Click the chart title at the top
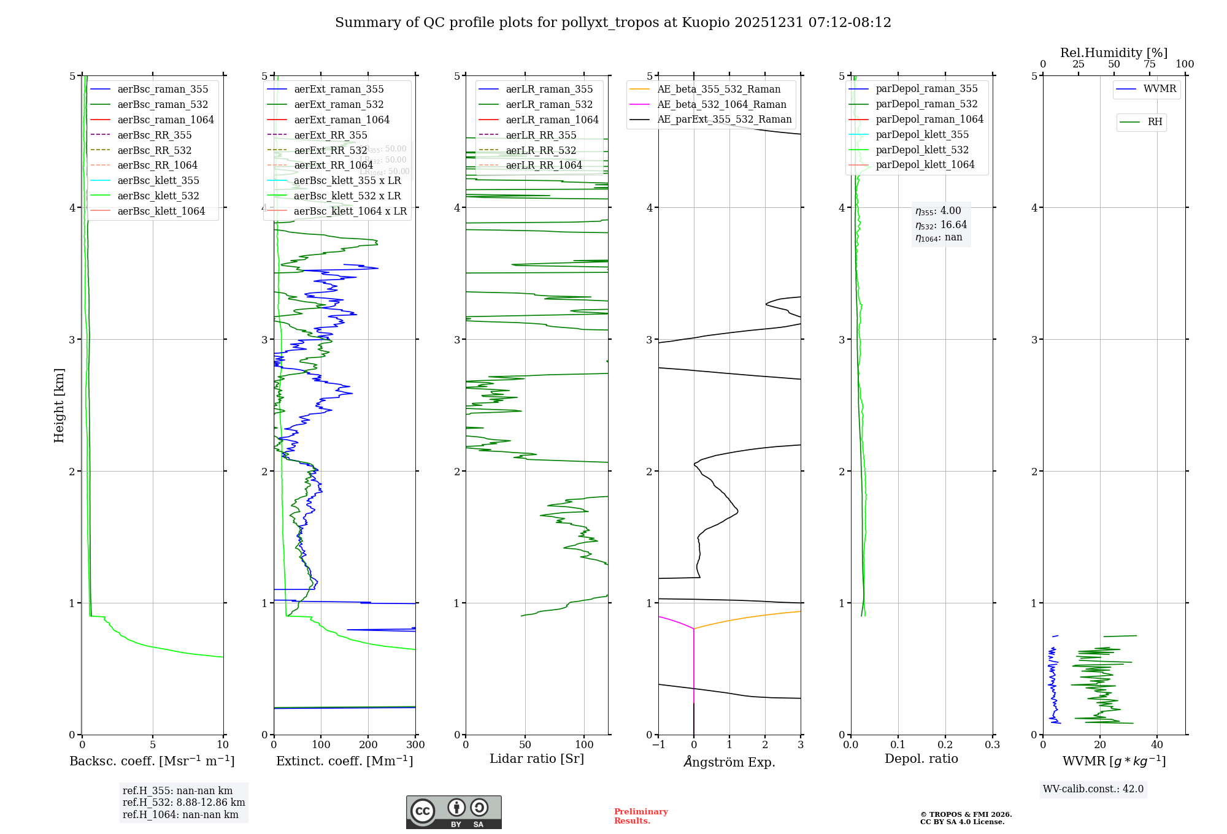pos(613,23)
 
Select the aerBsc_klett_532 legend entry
pos(158,196)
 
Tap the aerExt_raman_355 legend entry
pos(339,90)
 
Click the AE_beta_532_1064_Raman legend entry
pos(721,104)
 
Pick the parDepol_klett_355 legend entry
pos(922,134)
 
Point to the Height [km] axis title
pos(59,405)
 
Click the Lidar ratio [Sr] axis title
pos(537,759)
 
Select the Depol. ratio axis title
pos(921,759)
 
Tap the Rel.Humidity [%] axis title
pos(1114,53)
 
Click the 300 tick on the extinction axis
pos(416,745)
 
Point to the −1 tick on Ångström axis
pos(658,745)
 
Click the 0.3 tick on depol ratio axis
pos(992,745)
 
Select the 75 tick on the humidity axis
pos(1149,64)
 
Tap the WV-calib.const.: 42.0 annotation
pos(1093,789)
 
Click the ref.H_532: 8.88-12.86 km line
pos(183,802)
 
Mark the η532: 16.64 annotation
pos(941,225)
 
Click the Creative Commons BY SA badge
pos(453,812)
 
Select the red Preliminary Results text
pos(640,816)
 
